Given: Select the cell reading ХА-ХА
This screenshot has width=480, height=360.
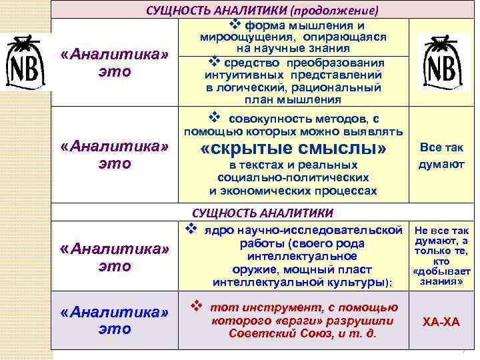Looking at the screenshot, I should click(x=441, y=322).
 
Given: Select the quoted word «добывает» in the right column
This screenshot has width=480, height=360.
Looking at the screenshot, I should click(x=441, y=271).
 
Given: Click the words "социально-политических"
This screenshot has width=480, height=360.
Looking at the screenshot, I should click(x=293, y=178).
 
